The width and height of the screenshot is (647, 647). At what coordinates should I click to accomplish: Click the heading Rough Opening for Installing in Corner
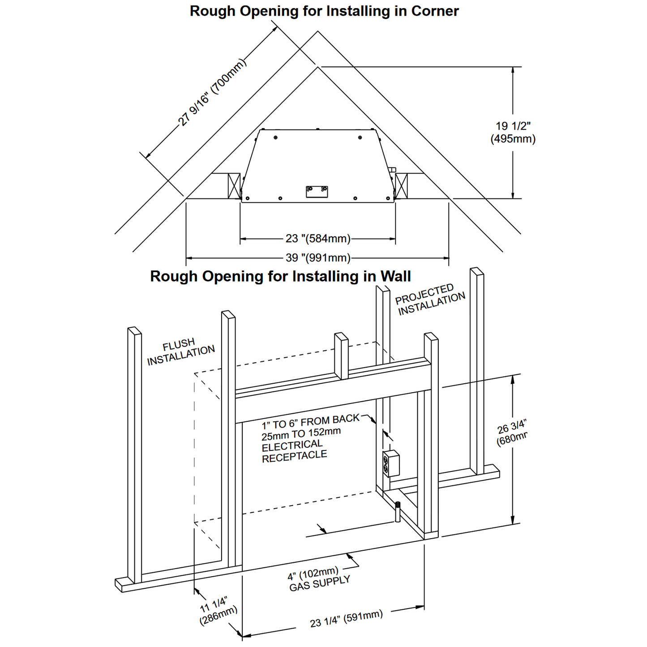coord(324,11)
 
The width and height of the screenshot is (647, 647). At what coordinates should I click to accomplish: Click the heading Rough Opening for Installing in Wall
coord(280,276)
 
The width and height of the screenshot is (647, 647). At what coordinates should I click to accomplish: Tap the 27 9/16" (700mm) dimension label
coord(212,93)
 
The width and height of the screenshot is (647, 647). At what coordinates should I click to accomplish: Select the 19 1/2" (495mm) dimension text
coord(513,133)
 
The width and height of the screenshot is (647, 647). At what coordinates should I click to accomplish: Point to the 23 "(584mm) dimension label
coord(318,239)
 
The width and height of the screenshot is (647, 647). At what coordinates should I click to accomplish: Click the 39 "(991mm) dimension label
coord(318,258)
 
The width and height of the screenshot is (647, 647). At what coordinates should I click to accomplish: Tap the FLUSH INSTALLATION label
coord(180,352)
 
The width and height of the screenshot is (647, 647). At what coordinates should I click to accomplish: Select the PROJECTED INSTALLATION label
coord(430,300)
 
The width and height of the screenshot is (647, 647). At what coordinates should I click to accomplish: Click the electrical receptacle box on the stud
coord(391,464)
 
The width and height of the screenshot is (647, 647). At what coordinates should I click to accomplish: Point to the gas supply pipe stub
coord(397,511)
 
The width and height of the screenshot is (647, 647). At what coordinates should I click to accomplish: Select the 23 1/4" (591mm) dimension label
coord(346,619)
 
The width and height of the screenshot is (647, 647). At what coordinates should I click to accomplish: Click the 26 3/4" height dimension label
coord(512,433)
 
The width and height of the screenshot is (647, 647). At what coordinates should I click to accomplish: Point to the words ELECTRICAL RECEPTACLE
coord(294,450)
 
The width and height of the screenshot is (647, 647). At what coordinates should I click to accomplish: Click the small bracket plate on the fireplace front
coord(317,191)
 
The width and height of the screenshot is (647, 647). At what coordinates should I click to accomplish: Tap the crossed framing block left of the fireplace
coord(234,186)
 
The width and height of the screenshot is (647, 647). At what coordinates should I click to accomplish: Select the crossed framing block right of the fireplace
coord(402,186)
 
